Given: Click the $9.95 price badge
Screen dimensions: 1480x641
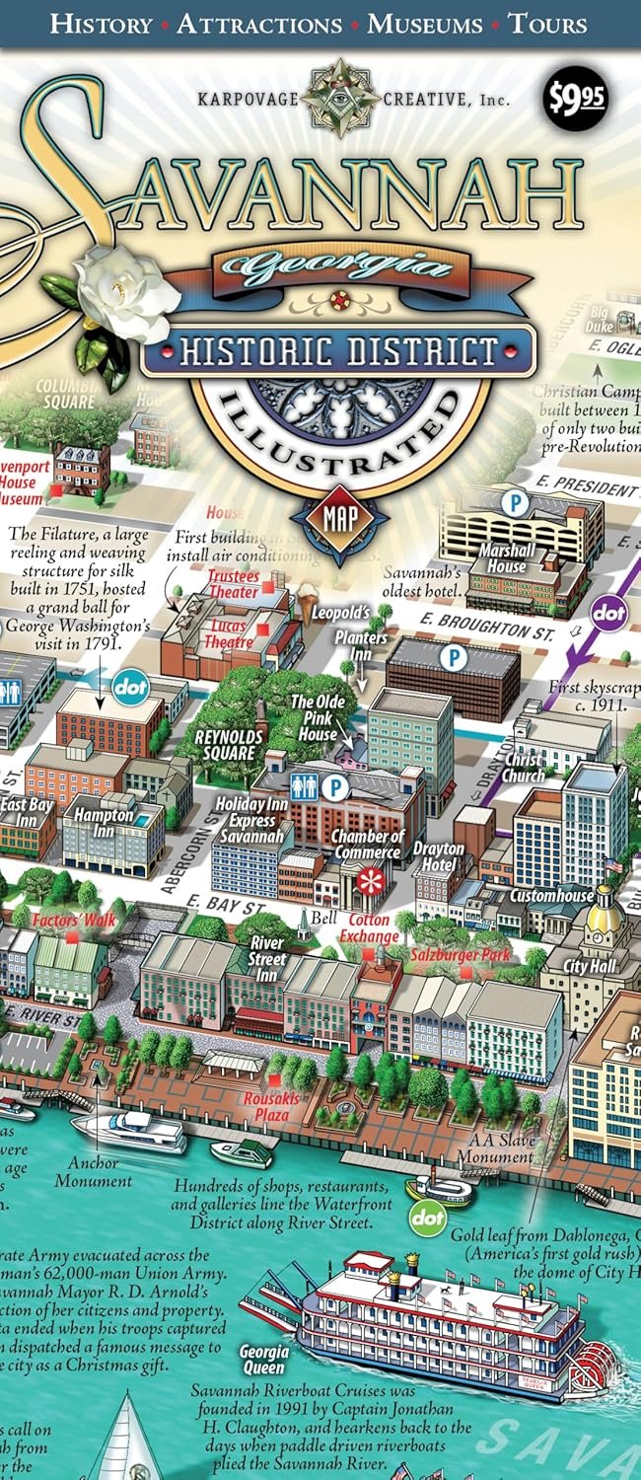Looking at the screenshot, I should click(578, 100).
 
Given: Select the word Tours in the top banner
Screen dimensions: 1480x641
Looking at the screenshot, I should click(547, 24).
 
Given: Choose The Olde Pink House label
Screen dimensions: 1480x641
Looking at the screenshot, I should click(319, 717).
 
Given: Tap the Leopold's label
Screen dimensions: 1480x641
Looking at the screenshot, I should click(341, 613).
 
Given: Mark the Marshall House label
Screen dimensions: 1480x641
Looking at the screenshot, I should click(509, 558).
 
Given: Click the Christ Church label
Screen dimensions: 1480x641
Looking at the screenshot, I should click(523, 768).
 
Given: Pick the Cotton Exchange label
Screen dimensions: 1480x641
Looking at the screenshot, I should click(370, 929).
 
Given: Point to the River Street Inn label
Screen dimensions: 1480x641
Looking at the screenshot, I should click(268, 959).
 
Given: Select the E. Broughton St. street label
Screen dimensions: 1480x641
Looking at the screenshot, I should click(485, 629).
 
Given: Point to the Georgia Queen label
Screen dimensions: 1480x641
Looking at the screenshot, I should click(264, 1360).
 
